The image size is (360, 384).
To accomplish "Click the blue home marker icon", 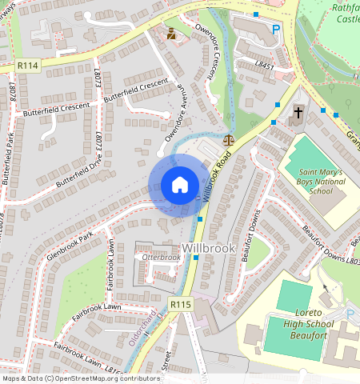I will point(180,185).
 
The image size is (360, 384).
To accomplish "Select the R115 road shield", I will point(180,304).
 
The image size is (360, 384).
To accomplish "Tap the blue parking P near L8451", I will point(276,30).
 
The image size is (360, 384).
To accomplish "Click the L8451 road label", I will point(265,62).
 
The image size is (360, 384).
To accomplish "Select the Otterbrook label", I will point(161,258).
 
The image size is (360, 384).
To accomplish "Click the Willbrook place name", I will point(209,248).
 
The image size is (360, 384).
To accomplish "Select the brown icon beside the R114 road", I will point(171,34).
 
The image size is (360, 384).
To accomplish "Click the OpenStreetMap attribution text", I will point(81,378).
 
